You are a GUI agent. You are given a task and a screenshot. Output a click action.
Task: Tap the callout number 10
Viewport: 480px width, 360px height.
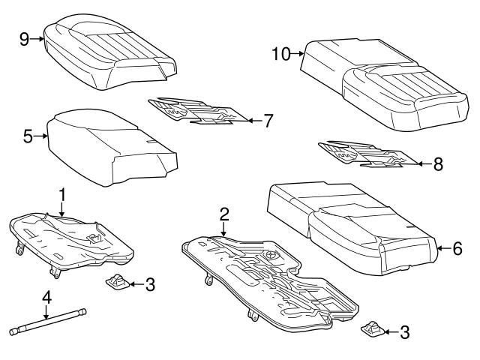[281, 53]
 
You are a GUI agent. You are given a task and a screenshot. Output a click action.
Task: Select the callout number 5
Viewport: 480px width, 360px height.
[28, 137]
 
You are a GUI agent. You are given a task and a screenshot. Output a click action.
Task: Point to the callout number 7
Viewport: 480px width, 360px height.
[268, 119]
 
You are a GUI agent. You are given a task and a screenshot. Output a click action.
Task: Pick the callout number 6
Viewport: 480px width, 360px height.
[457, 247]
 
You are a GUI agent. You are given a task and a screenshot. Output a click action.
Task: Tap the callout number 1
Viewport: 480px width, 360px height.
[63, 194]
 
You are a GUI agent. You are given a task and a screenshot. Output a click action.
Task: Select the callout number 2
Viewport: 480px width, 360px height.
[223, 214]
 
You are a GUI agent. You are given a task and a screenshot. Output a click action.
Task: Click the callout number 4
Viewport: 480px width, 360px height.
[46, 298]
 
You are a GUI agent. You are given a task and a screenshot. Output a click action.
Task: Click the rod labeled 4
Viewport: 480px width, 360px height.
[49, 321]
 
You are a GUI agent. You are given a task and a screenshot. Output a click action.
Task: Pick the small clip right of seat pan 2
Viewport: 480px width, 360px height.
[372, 328]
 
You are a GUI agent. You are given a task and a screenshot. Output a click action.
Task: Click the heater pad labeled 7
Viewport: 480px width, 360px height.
[196, 111]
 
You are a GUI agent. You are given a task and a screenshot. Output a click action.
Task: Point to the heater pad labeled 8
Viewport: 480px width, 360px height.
[364, 154]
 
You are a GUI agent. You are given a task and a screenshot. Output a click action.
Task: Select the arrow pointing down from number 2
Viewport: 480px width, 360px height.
[223, 231]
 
